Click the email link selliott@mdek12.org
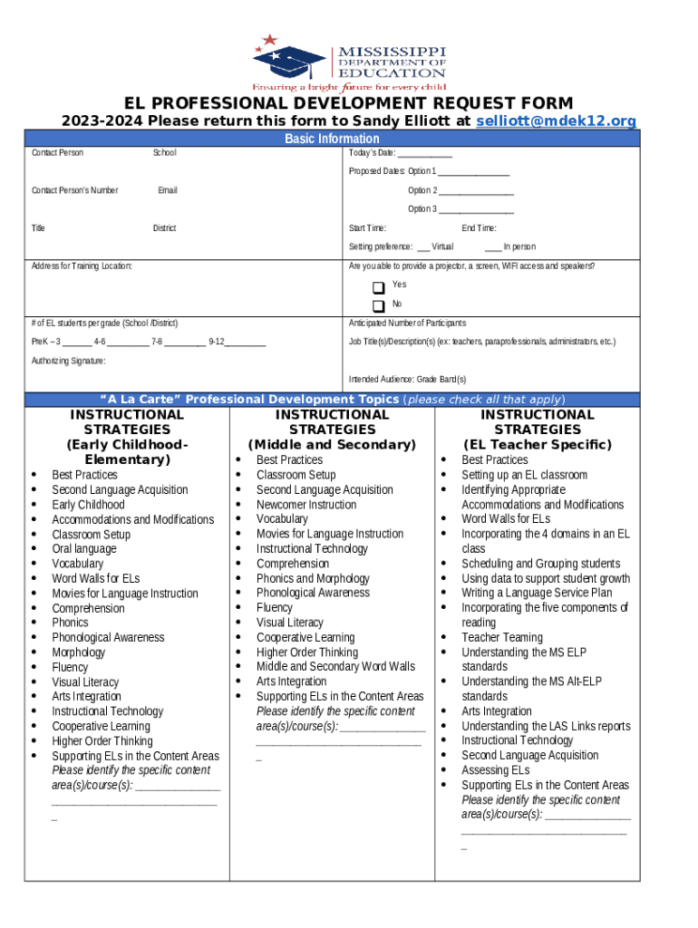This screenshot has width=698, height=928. (x=556, y=121)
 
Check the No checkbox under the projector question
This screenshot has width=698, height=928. (x=379, y=306)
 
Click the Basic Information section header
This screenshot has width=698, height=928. (x=332, y=139)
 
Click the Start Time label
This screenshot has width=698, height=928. (x=368, y=228)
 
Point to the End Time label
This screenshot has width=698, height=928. (x=479, y=228)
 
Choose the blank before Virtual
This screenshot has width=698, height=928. (x=422, y=247)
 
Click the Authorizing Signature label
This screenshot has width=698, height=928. (x=68, y=361)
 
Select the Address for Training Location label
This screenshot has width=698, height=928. (x=82, y=266)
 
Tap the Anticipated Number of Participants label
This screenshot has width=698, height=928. (x=408, y=324)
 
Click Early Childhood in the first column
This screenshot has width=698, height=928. (x=88, y=505)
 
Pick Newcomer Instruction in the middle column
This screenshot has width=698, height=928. (x=306, y=505)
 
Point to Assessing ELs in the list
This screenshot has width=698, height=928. (x=495, y=770)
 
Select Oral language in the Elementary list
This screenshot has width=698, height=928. (x=84, y=549)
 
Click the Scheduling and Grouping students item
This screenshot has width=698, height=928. (x=540, y=564)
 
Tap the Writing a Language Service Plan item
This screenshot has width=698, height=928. (x=537, y=594)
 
